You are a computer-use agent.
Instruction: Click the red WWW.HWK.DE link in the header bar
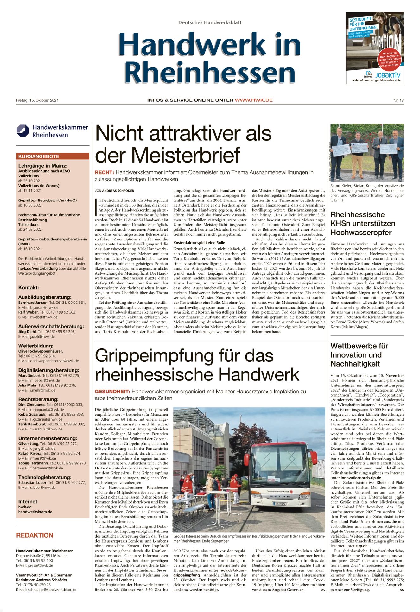pos(254,100)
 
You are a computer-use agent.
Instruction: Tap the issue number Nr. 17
pos(398,100)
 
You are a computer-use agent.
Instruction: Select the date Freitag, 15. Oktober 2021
pos(37,100)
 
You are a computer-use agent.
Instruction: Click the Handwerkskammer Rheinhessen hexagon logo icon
pos(23,131)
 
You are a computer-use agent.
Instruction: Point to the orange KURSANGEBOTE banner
pos(53,156)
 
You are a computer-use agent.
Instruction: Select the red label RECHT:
pos(104,173)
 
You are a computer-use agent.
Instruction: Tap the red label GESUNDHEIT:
pos(112,392)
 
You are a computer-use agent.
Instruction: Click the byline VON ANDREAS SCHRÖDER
pos(114,191)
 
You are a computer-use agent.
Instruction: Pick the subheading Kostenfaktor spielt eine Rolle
pos(199,243)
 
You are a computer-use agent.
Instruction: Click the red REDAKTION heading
pos(35,535)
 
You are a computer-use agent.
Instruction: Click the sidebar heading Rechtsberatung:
pos(38,399)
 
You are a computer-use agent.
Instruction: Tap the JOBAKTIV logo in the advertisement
pos(388,75)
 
